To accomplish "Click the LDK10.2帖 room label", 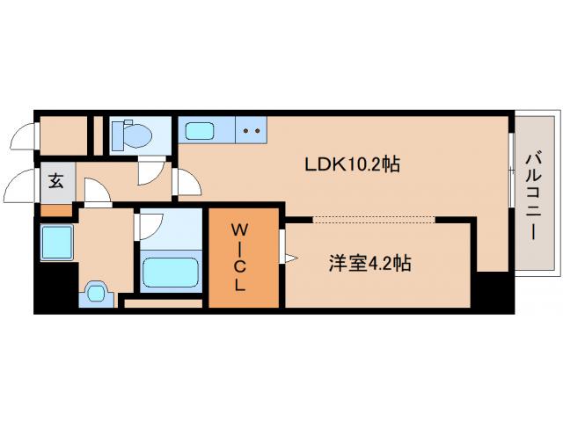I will coord(352,164).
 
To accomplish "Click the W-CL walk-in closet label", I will coord(244,258).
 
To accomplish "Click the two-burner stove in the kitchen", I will coord(252,131).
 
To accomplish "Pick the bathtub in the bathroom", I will coord(171,272).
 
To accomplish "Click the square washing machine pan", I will coord(56,240).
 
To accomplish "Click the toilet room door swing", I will coord(154,172).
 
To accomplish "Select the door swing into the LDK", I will coord(187,182).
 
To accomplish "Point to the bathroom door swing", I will coord(148,226).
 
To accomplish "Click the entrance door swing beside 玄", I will coord(21,186).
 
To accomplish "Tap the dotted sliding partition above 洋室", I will coord(375,217).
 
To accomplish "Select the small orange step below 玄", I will coord(55,210).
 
